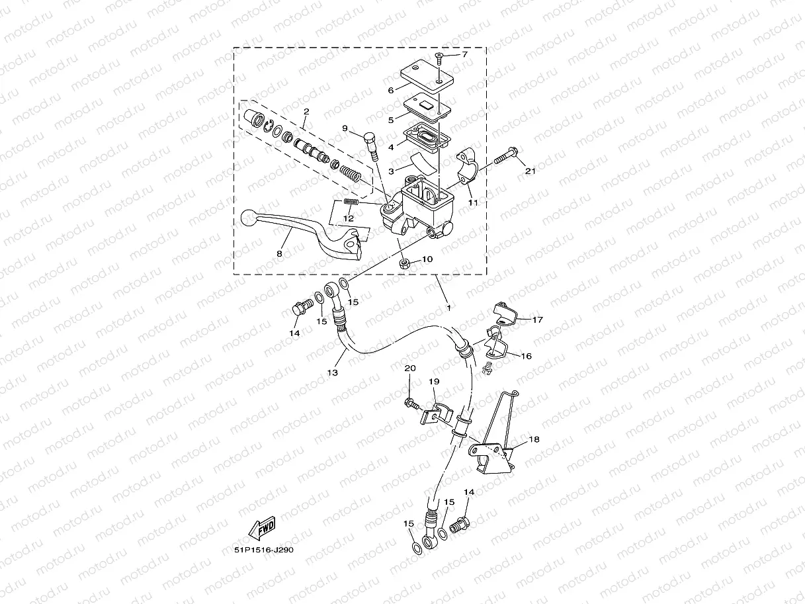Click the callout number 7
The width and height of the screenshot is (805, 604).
[464, 54]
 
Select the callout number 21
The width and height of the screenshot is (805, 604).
[530, 172]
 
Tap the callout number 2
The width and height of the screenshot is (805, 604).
[306, 111]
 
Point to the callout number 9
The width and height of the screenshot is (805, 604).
[345, 128]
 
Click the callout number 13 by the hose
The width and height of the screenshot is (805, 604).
[332, 373]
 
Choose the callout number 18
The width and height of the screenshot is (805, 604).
[534, 439]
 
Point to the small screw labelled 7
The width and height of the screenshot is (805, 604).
[439, 58]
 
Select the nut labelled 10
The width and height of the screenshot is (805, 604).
[405, 265]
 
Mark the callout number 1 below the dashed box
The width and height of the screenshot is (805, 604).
[448, 308]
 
